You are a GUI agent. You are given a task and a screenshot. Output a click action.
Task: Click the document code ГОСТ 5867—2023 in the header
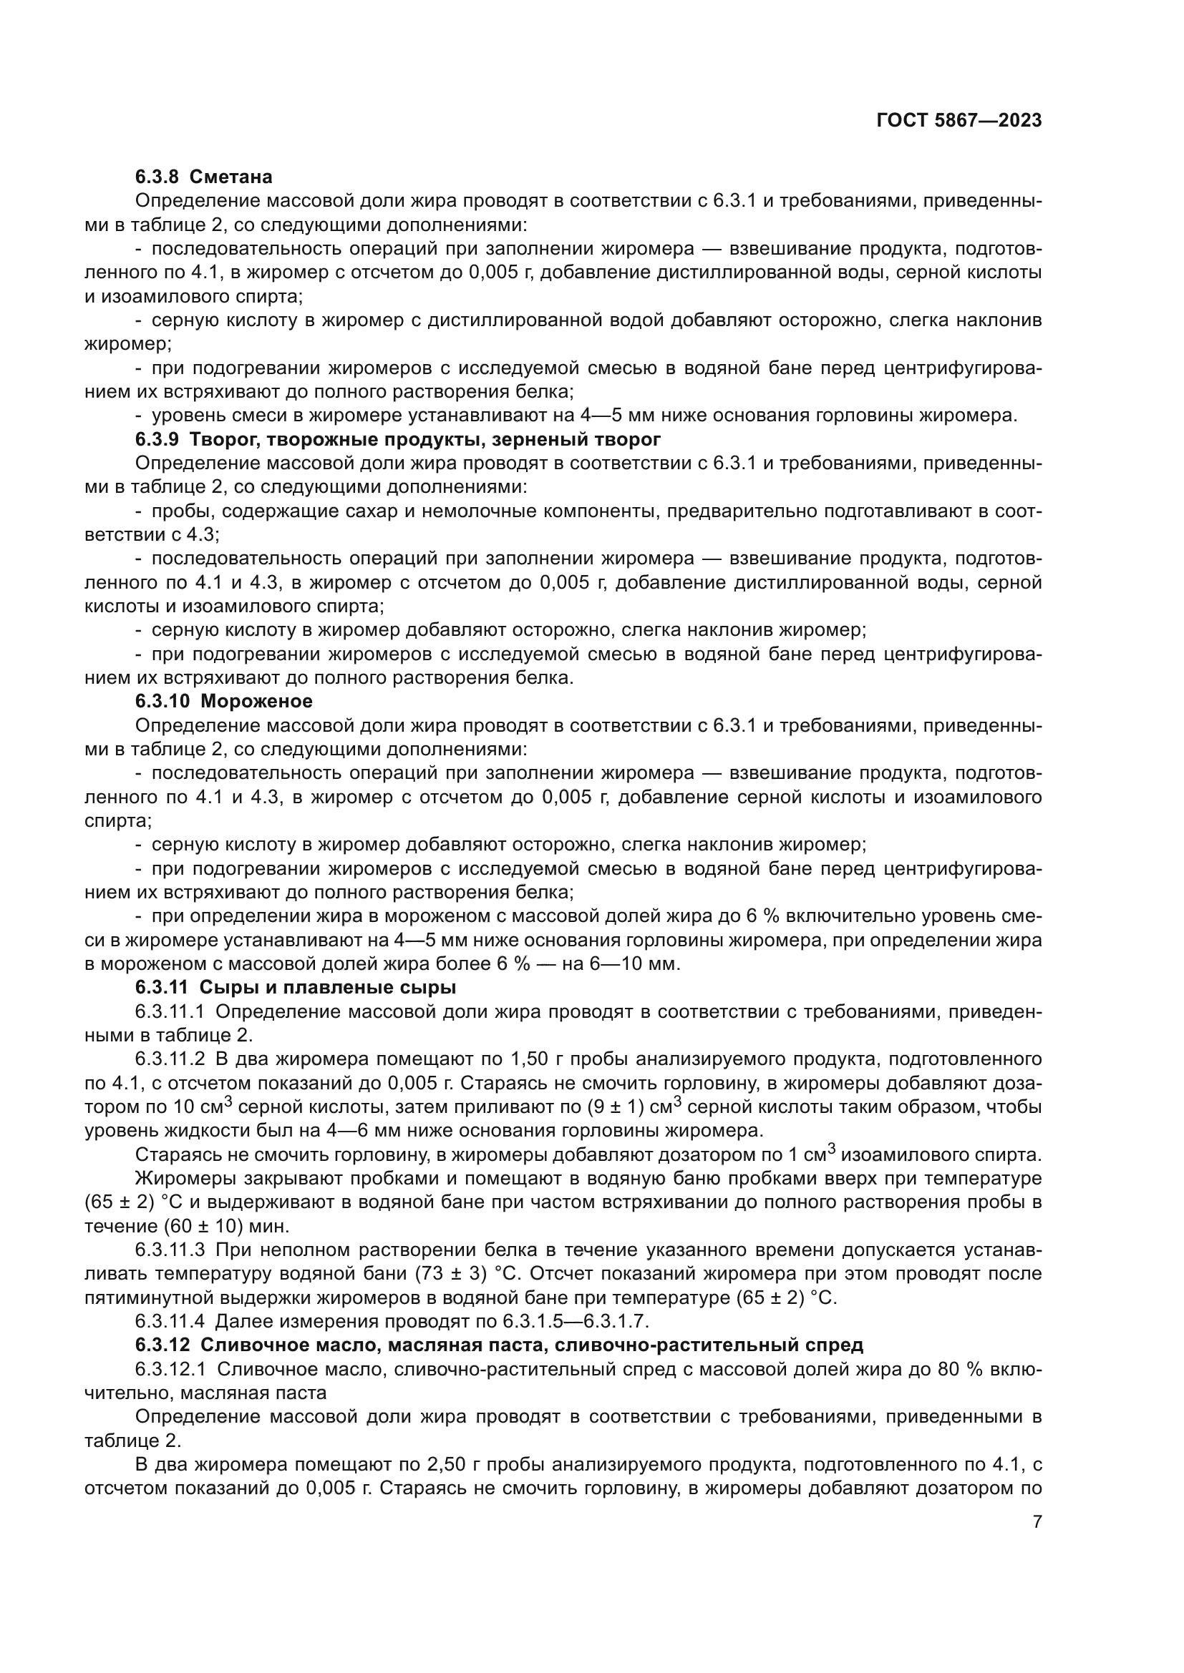(959, 121)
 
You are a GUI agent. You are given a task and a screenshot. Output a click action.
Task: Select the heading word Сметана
(236, 177)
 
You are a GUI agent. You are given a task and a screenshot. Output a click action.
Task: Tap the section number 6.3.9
(157, 439)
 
